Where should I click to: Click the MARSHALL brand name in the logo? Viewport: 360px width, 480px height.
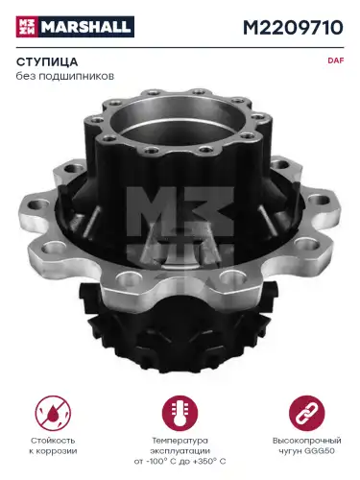pos(86,27)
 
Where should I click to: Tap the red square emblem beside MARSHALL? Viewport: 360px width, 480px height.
pos(27,27)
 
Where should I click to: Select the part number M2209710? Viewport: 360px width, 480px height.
pos(293,28)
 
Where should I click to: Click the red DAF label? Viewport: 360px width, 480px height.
pos(335,60)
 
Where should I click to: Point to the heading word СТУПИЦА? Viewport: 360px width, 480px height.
pos(47,61)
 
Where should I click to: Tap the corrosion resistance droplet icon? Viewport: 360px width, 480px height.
pos(53,413)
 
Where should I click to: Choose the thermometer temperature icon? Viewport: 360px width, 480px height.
pos(180,413)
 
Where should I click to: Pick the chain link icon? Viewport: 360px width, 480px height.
pos(306,413)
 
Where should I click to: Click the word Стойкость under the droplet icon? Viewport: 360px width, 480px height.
pos(53,441)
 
